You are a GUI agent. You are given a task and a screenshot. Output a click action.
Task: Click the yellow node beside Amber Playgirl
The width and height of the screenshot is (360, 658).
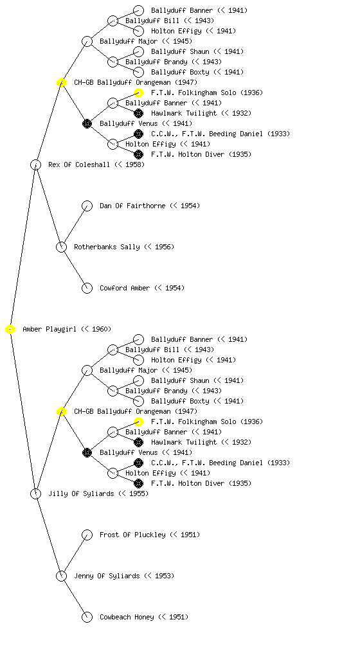point(10,330)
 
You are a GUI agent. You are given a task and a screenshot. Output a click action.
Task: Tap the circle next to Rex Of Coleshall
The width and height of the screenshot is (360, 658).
point(35,165)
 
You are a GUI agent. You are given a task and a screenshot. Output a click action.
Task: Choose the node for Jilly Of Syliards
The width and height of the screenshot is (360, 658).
point(35,494)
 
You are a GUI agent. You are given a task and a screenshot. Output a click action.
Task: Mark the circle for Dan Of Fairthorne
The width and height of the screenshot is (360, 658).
point(87,206)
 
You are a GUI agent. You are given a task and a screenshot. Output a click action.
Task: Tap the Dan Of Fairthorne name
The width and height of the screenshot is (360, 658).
point(132,206)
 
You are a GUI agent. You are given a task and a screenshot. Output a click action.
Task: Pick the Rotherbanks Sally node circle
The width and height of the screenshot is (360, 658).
point(61,247)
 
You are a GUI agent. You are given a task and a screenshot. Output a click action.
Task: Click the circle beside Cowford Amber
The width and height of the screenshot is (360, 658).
point(87,289)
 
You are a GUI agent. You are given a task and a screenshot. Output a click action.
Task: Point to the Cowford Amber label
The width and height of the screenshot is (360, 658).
point(125,289)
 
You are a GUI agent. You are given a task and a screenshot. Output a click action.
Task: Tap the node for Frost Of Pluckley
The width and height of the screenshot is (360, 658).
point(87,535)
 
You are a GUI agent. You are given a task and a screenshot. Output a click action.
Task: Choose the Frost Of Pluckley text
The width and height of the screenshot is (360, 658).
point(132,535)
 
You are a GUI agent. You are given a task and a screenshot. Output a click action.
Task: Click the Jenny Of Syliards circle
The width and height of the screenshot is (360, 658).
point(61,576)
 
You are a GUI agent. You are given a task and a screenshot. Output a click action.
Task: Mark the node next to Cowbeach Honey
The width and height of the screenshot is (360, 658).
point(87,618)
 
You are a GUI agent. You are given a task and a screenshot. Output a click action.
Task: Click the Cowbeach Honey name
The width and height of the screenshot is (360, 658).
point(126,618)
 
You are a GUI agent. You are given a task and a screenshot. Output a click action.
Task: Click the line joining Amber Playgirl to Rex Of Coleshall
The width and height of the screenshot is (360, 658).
point(23,247)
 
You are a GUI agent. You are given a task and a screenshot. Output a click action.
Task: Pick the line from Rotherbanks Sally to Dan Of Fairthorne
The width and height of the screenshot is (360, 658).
point(75,227)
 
